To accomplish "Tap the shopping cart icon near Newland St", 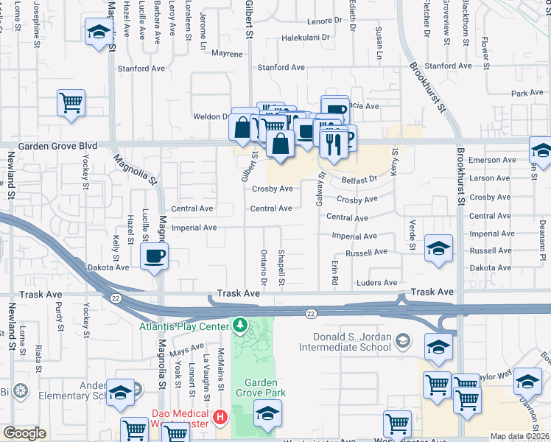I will pos(71,102).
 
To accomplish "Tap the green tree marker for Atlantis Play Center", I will pos(239,325).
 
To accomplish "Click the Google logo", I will pos(24,433).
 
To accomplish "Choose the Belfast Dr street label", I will pos(358,179).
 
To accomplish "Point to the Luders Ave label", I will pos(376,283).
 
